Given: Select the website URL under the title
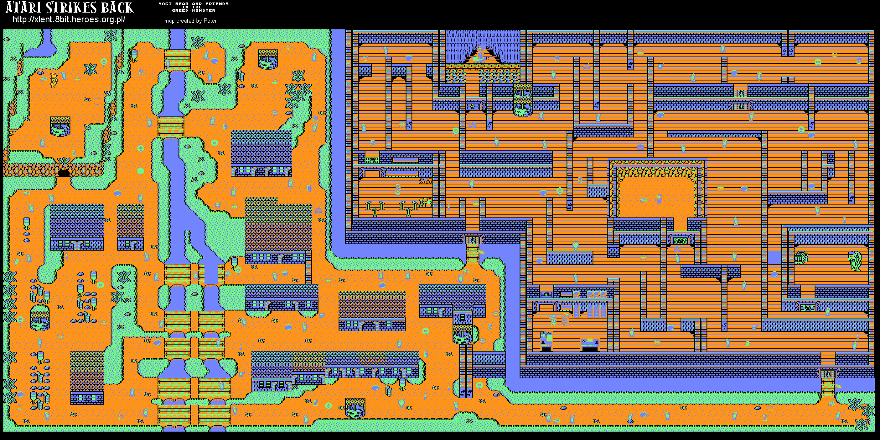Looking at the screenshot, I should (69, 20).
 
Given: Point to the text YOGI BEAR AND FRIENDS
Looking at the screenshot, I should (193, 4).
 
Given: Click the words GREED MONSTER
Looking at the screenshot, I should (193, 10).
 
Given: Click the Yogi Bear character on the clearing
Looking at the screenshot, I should (54, 80).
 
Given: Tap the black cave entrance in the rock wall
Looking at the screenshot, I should (63, 173).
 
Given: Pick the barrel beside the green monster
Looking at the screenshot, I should (801, 258).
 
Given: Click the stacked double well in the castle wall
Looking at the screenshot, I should (523, 100).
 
